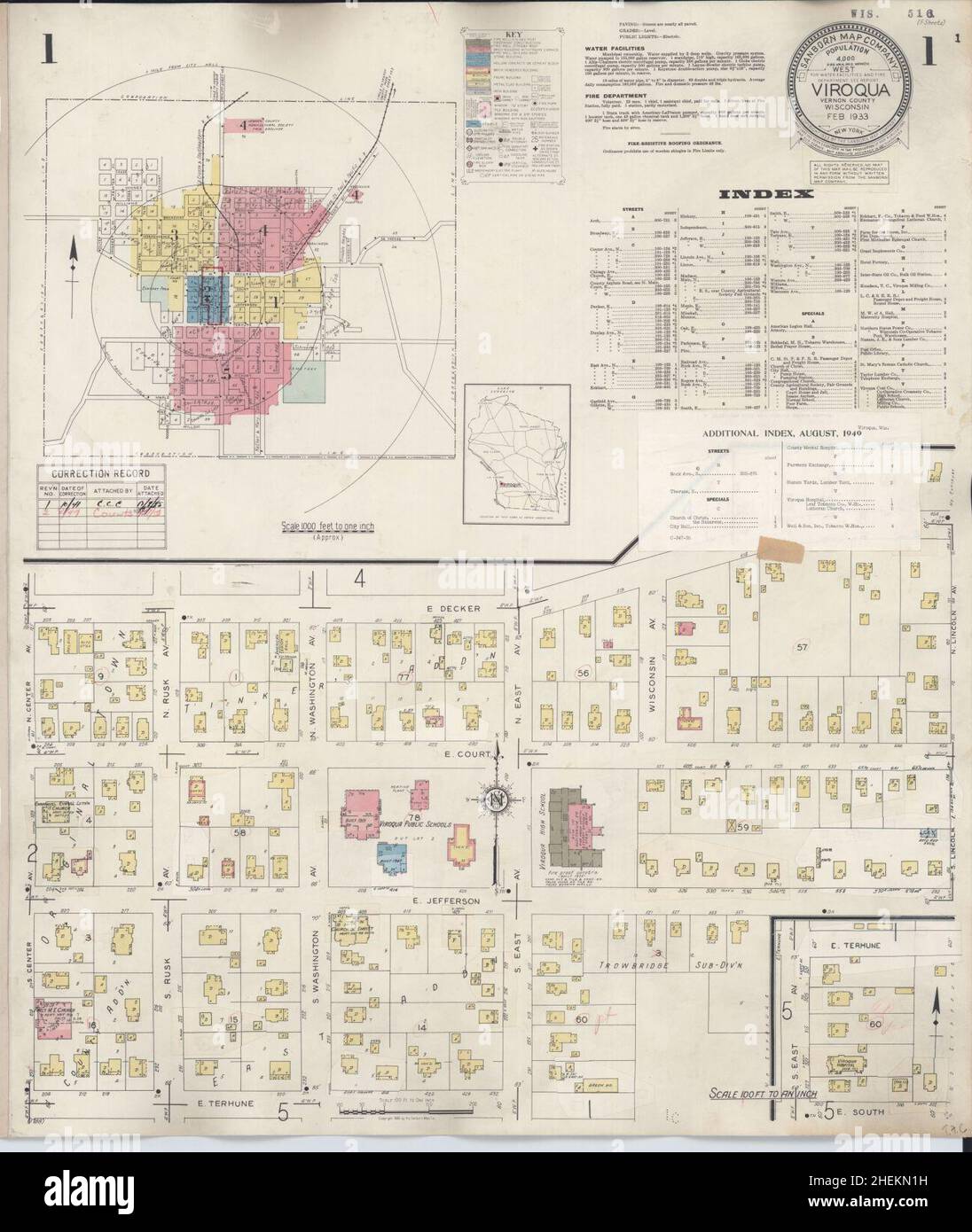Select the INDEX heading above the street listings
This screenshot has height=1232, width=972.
pyautogui.click(x=766, y=194)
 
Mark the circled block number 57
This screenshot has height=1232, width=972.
pyautogui.click(x=803, y=649)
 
